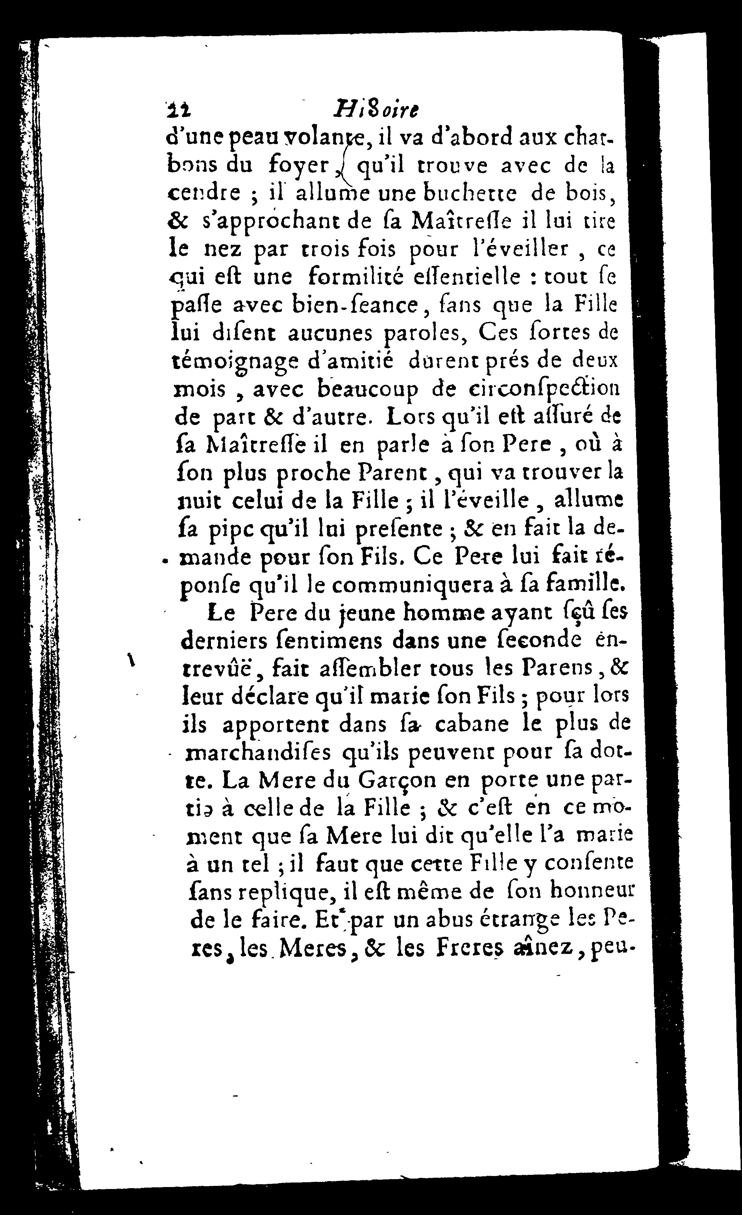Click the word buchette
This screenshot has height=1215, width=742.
[x=470, y=193]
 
